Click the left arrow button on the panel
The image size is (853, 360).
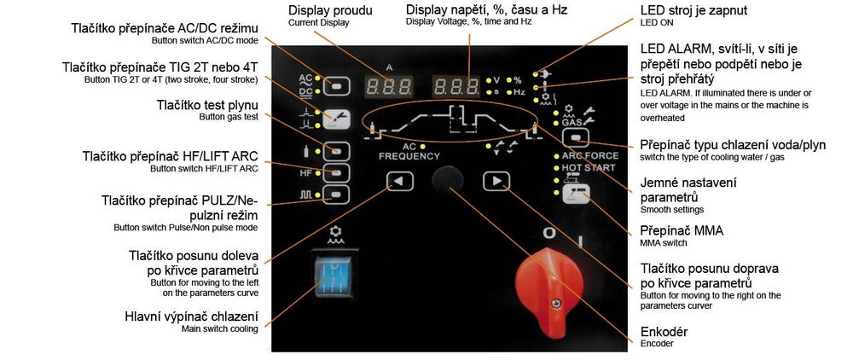[398, 180]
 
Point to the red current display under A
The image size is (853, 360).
[389, 86]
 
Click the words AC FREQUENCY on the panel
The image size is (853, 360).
[409, 152]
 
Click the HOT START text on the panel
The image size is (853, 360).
[588, 168]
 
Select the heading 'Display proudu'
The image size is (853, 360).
[328, 11]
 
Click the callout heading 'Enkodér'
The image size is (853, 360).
[663, 331]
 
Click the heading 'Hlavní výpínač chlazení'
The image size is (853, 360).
[192, 317]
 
